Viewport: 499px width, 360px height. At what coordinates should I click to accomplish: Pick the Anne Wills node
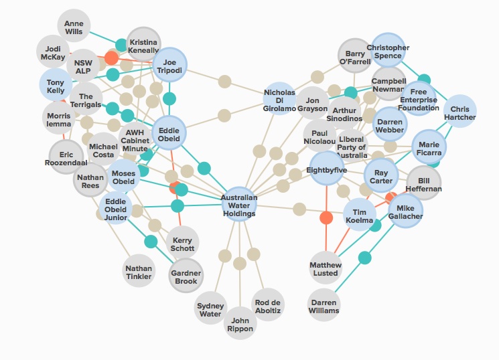[74, 27]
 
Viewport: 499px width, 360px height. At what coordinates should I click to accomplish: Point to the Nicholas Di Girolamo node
[280, 99]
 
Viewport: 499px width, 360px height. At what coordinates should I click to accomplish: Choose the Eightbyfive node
[326, 168]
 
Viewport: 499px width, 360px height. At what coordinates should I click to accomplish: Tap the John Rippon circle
[239, 324]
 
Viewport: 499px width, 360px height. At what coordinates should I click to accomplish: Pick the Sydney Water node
[210, 309]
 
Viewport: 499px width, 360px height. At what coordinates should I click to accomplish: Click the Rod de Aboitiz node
[268, 305]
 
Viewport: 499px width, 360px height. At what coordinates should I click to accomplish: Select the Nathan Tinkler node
[139, 272]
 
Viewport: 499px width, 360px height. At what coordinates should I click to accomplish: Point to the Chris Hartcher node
[459, 113]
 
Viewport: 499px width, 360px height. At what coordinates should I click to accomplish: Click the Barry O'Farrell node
[354, 58]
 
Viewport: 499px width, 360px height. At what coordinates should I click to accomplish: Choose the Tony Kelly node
[56, 86]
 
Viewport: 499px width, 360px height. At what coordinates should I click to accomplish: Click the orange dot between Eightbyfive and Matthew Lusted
[326, 217]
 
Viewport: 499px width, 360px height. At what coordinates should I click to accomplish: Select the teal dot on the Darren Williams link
[365, 257]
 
